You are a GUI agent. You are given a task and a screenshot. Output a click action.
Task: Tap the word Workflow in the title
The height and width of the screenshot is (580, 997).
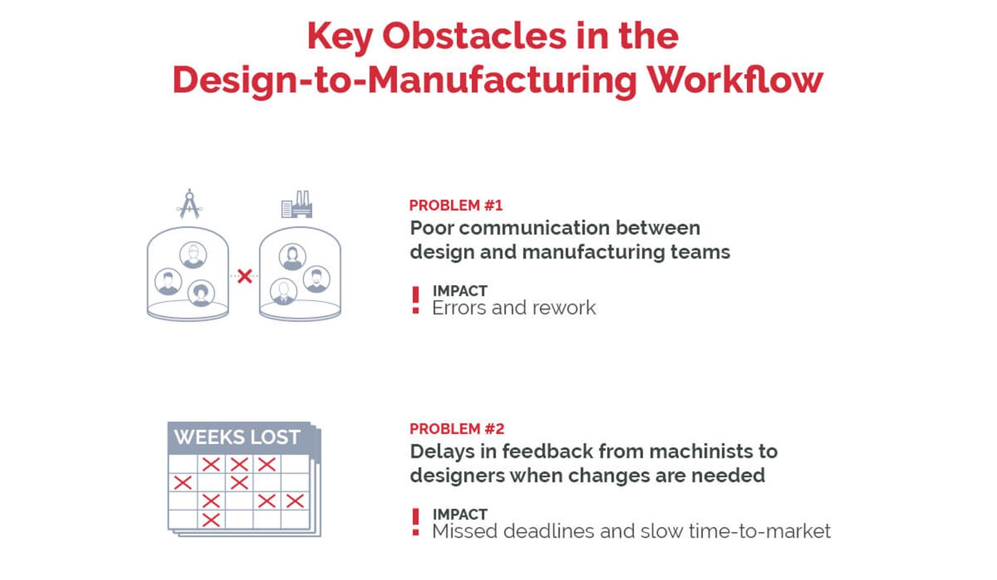coord(735,80)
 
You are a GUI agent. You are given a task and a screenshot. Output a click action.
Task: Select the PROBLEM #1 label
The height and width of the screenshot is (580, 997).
coord(456,206)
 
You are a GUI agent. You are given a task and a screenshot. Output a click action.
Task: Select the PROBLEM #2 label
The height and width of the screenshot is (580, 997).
coord(456,429)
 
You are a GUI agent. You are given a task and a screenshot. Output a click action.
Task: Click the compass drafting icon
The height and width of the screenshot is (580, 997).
coord(189,204)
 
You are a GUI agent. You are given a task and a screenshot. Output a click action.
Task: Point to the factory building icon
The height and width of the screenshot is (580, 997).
coord(297,204)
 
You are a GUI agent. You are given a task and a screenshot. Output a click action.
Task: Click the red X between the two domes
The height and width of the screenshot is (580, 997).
coord(244,276)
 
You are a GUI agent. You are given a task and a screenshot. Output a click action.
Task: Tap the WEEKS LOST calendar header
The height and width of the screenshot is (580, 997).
coord(237,437)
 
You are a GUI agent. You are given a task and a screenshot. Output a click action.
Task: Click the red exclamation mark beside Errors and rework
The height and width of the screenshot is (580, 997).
coord(416,300)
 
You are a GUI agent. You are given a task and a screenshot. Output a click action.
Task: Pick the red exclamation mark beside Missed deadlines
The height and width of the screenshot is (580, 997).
coord(416,522)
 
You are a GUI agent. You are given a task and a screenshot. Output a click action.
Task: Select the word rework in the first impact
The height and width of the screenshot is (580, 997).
coord(568,308)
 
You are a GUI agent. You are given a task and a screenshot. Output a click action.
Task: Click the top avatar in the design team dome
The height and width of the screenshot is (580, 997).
coord(193,255)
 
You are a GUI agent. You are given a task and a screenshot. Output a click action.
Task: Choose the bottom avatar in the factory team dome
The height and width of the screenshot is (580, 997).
coord(284,291)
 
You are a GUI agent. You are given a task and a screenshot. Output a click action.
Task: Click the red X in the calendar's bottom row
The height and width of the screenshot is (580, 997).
coord(211,520)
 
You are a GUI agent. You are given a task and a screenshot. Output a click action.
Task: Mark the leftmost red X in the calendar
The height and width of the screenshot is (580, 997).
coord(183,482)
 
